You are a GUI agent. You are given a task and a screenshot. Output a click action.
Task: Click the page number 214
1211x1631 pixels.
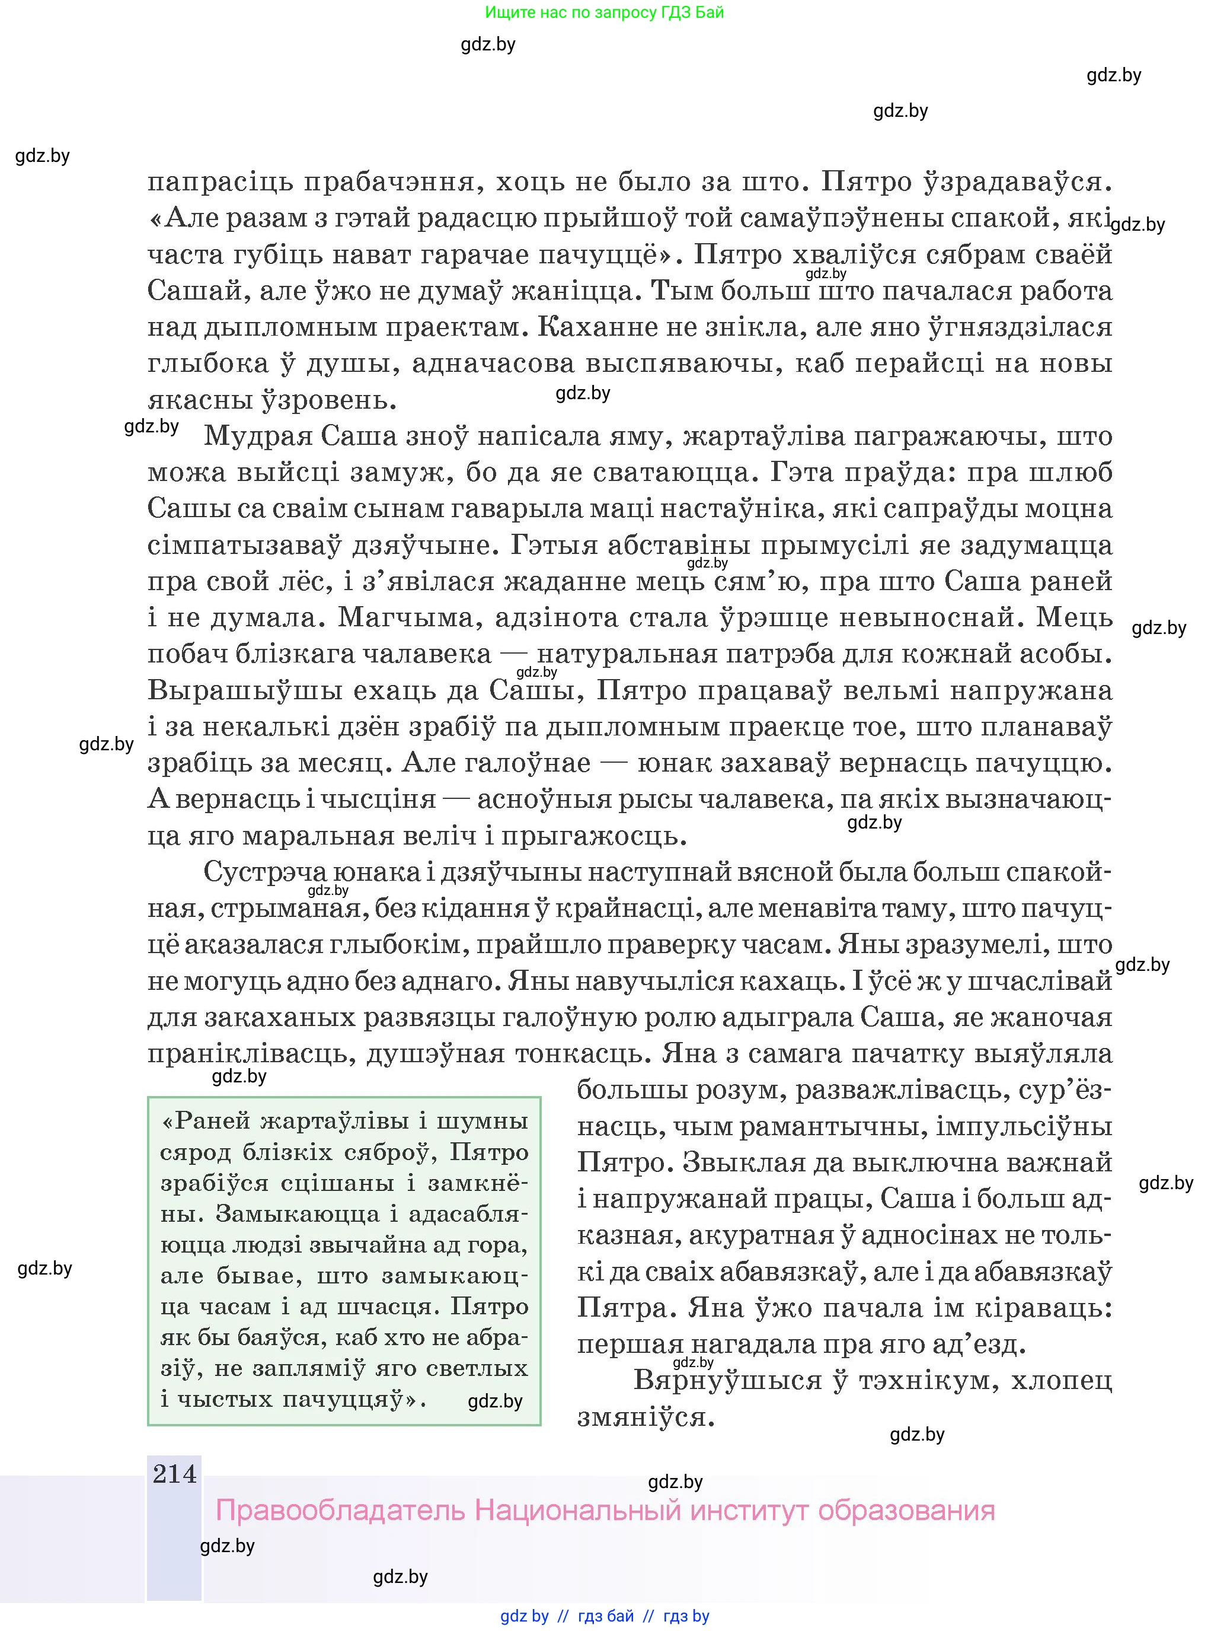click(174, 1473)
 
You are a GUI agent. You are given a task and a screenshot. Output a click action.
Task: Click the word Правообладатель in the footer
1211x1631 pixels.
click(340, 1510)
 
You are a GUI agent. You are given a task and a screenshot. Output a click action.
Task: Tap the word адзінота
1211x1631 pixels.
click(557, 617)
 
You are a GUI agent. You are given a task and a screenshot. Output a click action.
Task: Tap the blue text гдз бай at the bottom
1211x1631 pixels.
click(606, 1616)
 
